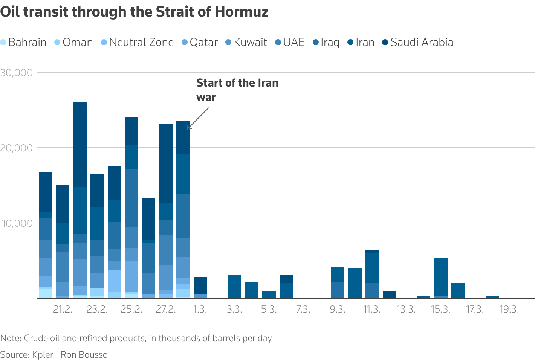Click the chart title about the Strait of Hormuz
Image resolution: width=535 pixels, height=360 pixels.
click(x=134, y=12)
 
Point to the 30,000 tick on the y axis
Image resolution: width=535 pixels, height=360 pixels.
click(x=17, y=72)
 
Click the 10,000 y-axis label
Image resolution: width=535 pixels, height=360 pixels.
click(x=17, y=223)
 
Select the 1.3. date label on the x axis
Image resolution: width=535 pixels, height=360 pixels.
click(x=200, y=310)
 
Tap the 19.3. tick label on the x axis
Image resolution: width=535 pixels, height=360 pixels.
click(x=509, y=310)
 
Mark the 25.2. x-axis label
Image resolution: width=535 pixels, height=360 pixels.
click(x=131, y=310)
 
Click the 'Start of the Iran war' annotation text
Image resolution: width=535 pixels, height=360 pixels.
click(x=237, y=90)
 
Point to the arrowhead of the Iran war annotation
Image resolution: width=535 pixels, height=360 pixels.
click(x=188, y=128)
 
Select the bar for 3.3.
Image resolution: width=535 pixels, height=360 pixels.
click(x=234, y=287)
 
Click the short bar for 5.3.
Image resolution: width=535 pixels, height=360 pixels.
click(x=269, y=294)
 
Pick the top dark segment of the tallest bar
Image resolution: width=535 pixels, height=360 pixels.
click(x=80, y=145)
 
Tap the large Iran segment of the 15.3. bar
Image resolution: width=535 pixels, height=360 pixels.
click(x=440, y=277)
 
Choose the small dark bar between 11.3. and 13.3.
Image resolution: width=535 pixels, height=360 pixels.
click(x=389, y=294)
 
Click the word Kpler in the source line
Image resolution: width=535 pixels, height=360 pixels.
click(x=43, y=355)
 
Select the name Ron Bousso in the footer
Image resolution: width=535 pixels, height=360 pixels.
click(x=84, y=355)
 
